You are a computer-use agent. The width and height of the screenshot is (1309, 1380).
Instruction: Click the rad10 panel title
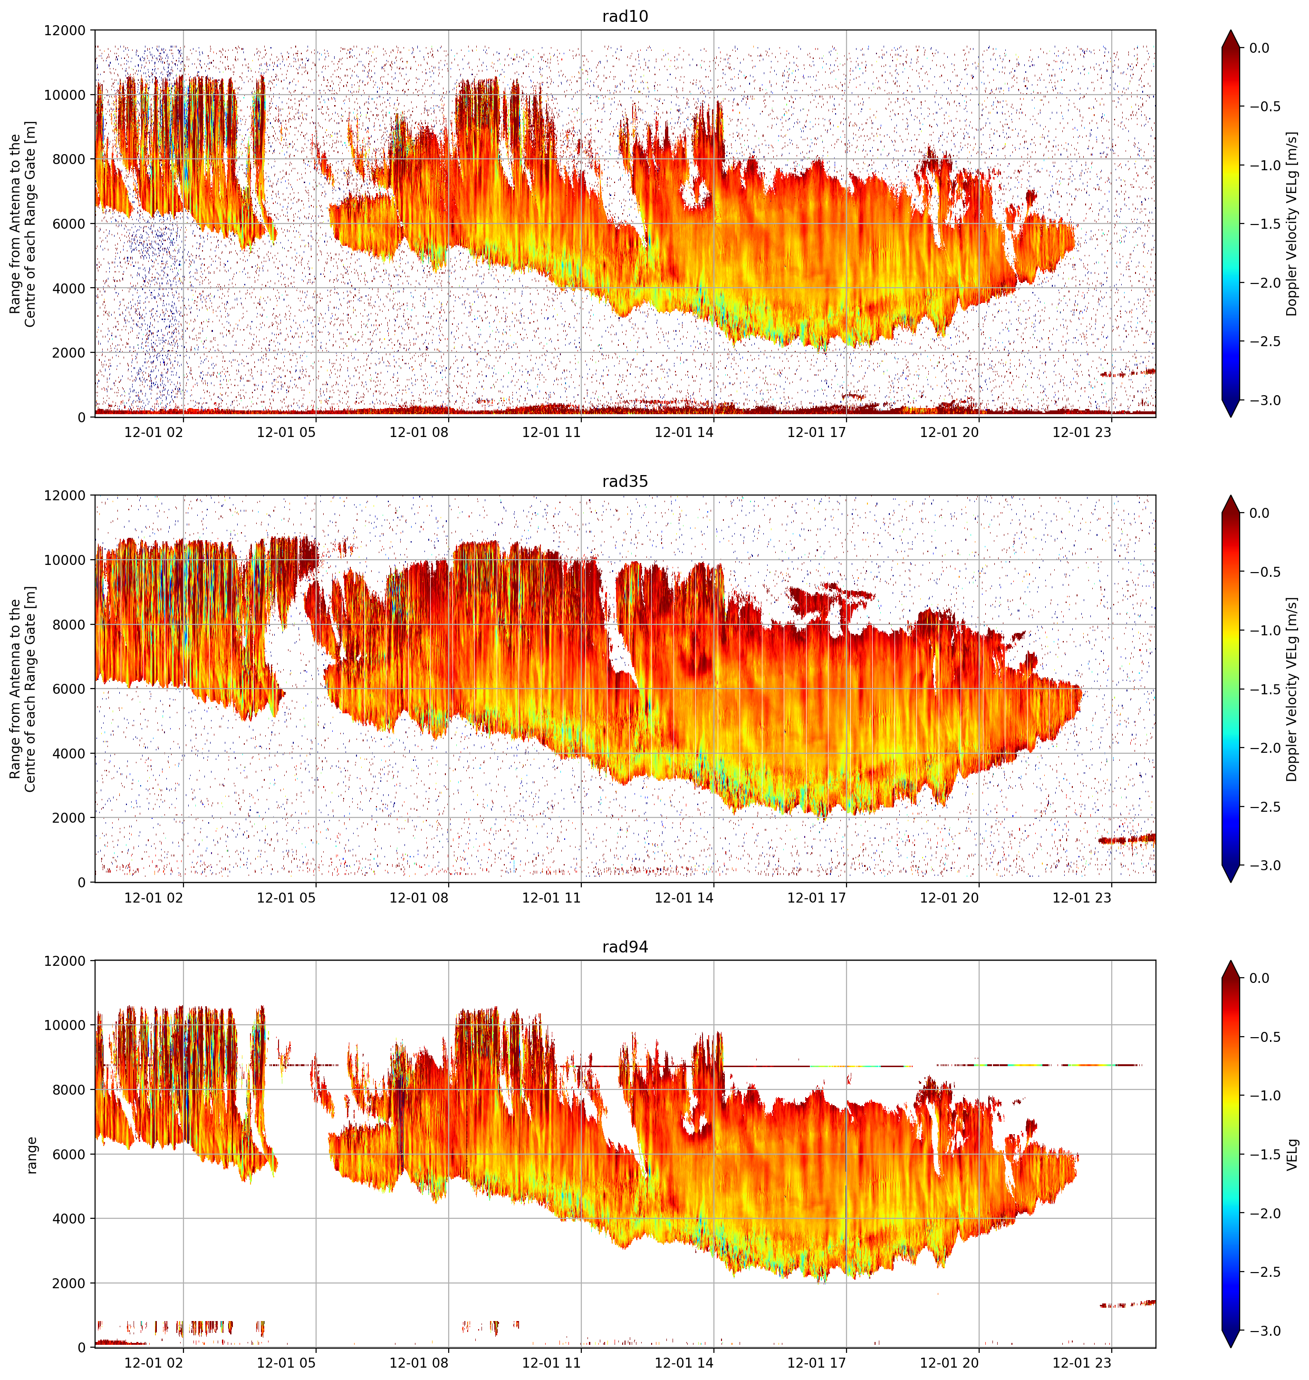click(625, 16)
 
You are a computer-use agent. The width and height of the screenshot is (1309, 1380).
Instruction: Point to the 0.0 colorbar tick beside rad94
click(1260, 978)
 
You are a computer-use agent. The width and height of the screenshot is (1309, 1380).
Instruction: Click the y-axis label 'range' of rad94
click(31, 1155)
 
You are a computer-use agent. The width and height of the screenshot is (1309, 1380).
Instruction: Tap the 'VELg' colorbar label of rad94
click(1293, 1155)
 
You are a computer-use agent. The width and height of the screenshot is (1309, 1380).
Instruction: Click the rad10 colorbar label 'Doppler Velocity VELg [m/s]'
click(1293, 224)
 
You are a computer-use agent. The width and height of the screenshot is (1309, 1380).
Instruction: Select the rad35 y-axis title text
click(22, 689)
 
